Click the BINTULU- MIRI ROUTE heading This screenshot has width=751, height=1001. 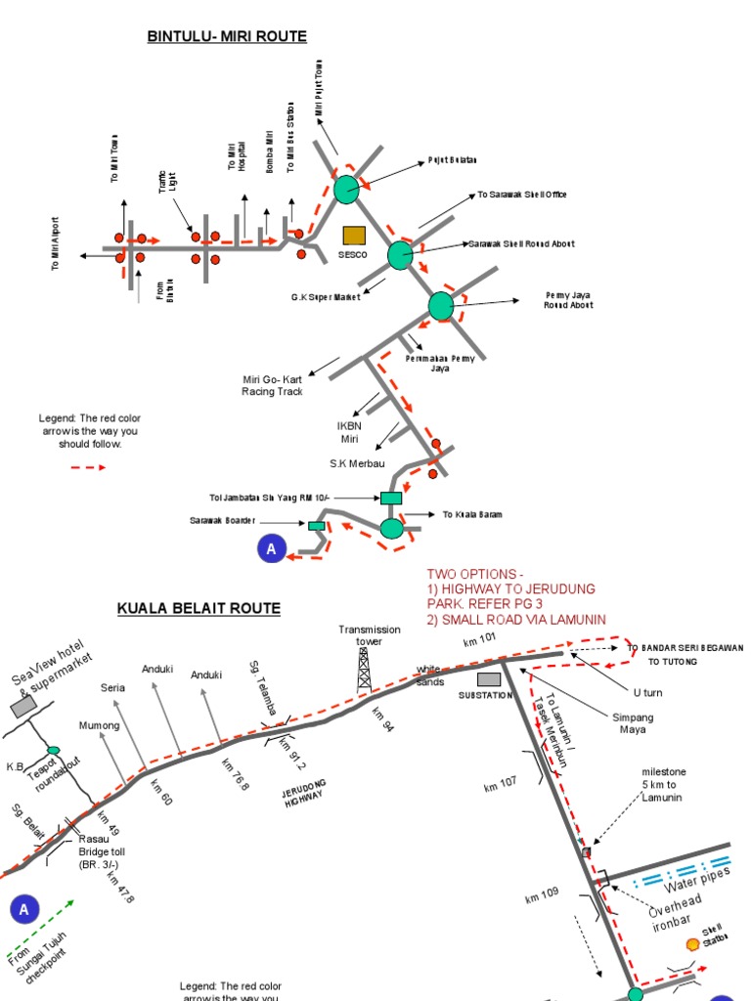coord(227,37)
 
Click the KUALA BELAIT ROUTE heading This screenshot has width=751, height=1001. coord(199,608)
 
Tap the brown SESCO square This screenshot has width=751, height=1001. coord(353,235)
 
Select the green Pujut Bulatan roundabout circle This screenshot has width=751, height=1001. coord(346,189)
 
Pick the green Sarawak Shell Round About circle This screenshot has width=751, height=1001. coord(401,255)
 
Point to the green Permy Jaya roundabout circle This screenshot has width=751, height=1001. coord(442,306)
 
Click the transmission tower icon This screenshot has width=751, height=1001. coord(364,670)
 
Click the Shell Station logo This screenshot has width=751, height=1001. coord(692,943)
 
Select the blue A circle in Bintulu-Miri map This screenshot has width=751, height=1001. coord(271,550)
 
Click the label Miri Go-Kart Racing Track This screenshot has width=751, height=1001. coord(272,385)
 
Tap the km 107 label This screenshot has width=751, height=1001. coord(500,784)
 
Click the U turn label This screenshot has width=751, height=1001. coord(647,692)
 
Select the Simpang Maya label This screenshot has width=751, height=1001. coord(633,723)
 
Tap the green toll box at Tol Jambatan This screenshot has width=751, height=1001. coord(391,498)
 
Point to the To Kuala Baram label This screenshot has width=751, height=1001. coord(472,514)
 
